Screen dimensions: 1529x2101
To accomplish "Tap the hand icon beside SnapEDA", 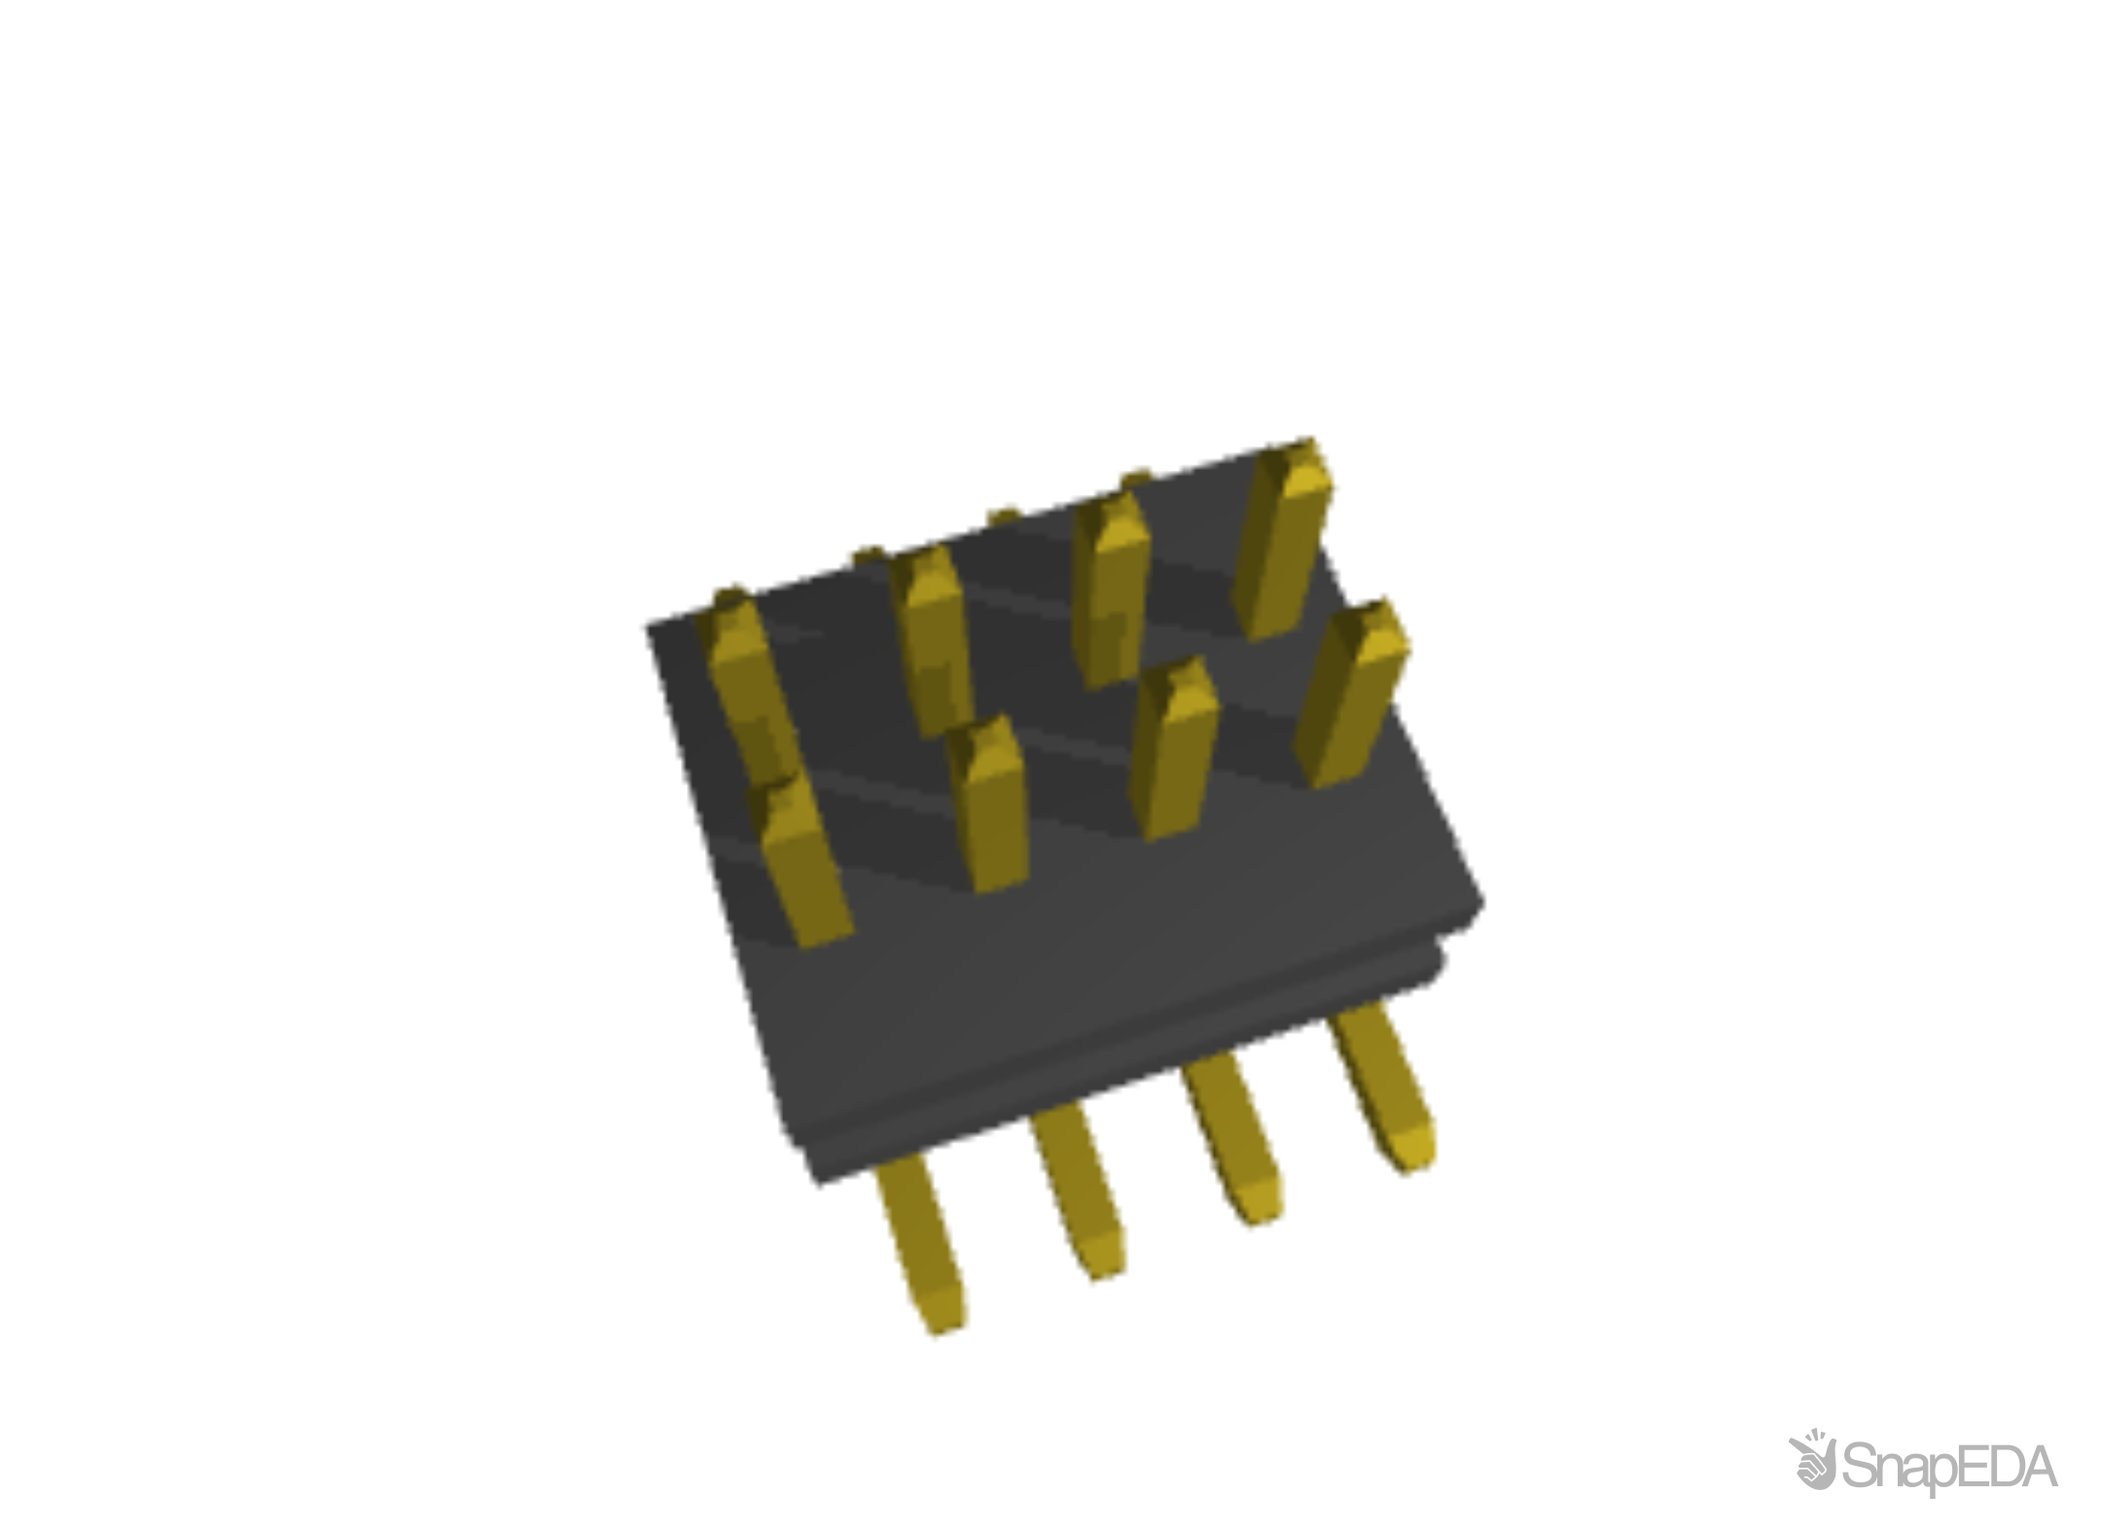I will pyautogui.click(x=1812, y=1462).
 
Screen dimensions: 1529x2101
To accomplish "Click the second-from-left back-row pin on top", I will pyautogui.click(x=934, y=632).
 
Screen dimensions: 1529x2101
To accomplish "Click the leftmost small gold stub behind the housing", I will pyautogui.click(x=864, y=553).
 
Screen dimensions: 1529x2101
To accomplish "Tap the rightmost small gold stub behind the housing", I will pyautogui.click(x=1136, y=476).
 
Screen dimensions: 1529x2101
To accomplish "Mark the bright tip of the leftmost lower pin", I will pyautogui.click(x=940, y=1313).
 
